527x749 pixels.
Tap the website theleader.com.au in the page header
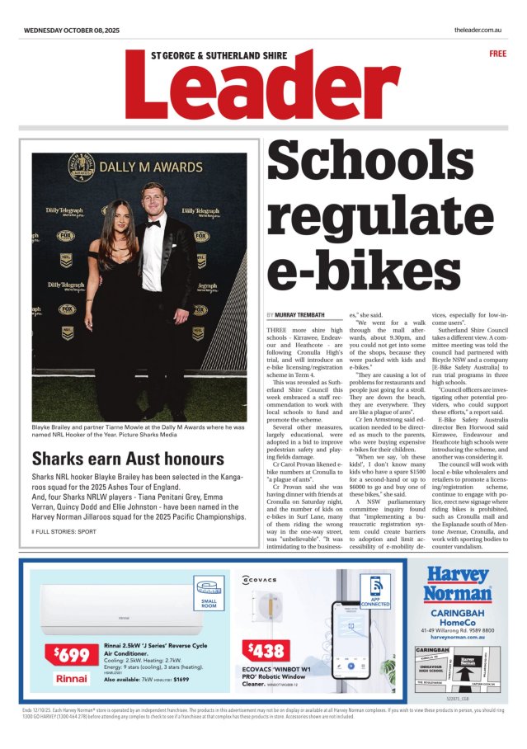coord(478,31)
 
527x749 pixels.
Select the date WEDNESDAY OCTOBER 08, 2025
coord(72,31)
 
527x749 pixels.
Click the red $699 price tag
coord(73,656)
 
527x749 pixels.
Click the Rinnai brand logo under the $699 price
coord(73,678)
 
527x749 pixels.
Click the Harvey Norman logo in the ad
coord(457,585)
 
